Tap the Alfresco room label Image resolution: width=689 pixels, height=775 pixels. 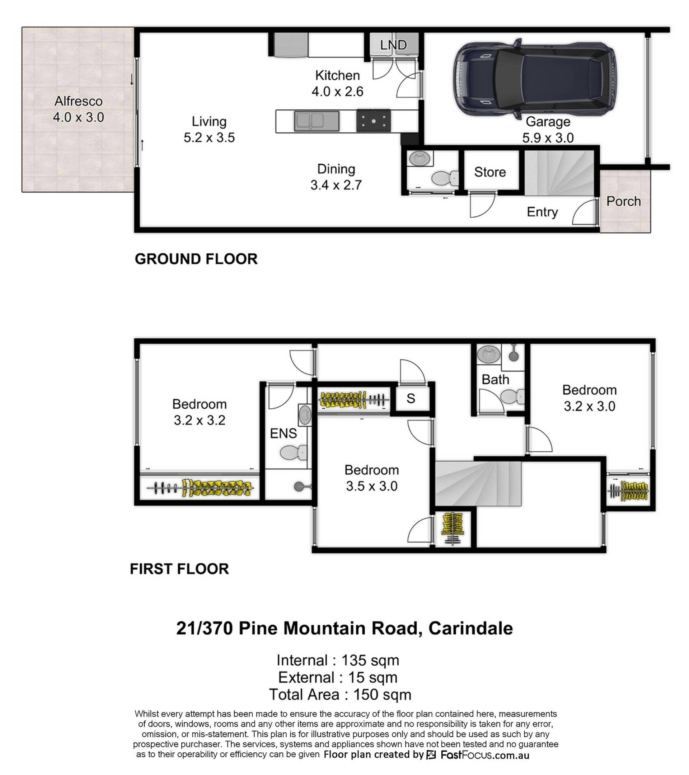pos(79,101)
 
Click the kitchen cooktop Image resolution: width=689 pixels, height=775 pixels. pos(374,121)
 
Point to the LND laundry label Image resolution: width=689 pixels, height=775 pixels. pos(394,45)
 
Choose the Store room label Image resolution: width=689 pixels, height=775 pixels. pos(490,172)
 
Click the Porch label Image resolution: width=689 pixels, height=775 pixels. pos(624,201)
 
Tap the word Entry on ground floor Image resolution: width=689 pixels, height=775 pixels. pos(542,212)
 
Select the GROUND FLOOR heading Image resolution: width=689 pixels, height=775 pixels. pos(196,259)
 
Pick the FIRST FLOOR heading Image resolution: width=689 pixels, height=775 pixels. pos(179,569)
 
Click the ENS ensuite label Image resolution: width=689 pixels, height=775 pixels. pos(283,433)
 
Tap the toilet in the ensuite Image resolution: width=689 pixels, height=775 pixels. pos(294,452)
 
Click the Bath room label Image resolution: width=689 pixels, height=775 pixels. pos(495,380)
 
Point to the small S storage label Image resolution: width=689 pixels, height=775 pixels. pos(411,399)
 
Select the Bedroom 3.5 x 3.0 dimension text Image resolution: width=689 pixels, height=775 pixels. pos(372,486)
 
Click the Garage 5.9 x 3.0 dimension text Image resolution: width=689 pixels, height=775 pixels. pos(548,138)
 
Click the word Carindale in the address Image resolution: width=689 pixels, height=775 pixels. pos(470,628)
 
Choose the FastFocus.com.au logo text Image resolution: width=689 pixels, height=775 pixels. pos(484,755)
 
